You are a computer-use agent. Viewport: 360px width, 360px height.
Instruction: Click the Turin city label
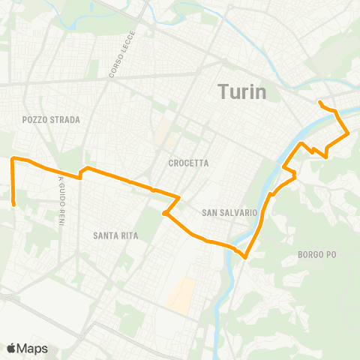(242, 91)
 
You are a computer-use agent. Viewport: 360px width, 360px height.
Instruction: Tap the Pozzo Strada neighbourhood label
(51, 120)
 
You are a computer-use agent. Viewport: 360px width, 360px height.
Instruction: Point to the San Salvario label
(230, 213)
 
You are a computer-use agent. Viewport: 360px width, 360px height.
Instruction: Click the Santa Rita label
(114, 235)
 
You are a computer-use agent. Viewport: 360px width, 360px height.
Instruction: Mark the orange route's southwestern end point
(14, 201)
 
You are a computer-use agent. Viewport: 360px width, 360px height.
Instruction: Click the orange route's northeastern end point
(320, 102)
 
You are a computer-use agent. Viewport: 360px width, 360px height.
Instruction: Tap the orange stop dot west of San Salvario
(164, 214)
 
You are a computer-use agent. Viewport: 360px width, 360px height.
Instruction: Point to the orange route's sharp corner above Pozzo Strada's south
(12, 159)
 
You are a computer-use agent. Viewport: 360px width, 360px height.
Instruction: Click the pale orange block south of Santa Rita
(181, 295)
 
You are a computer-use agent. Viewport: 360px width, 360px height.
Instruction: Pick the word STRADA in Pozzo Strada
(65, 120)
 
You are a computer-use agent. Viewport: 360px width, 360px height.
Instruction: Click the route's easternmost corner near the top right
(349, 133)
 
